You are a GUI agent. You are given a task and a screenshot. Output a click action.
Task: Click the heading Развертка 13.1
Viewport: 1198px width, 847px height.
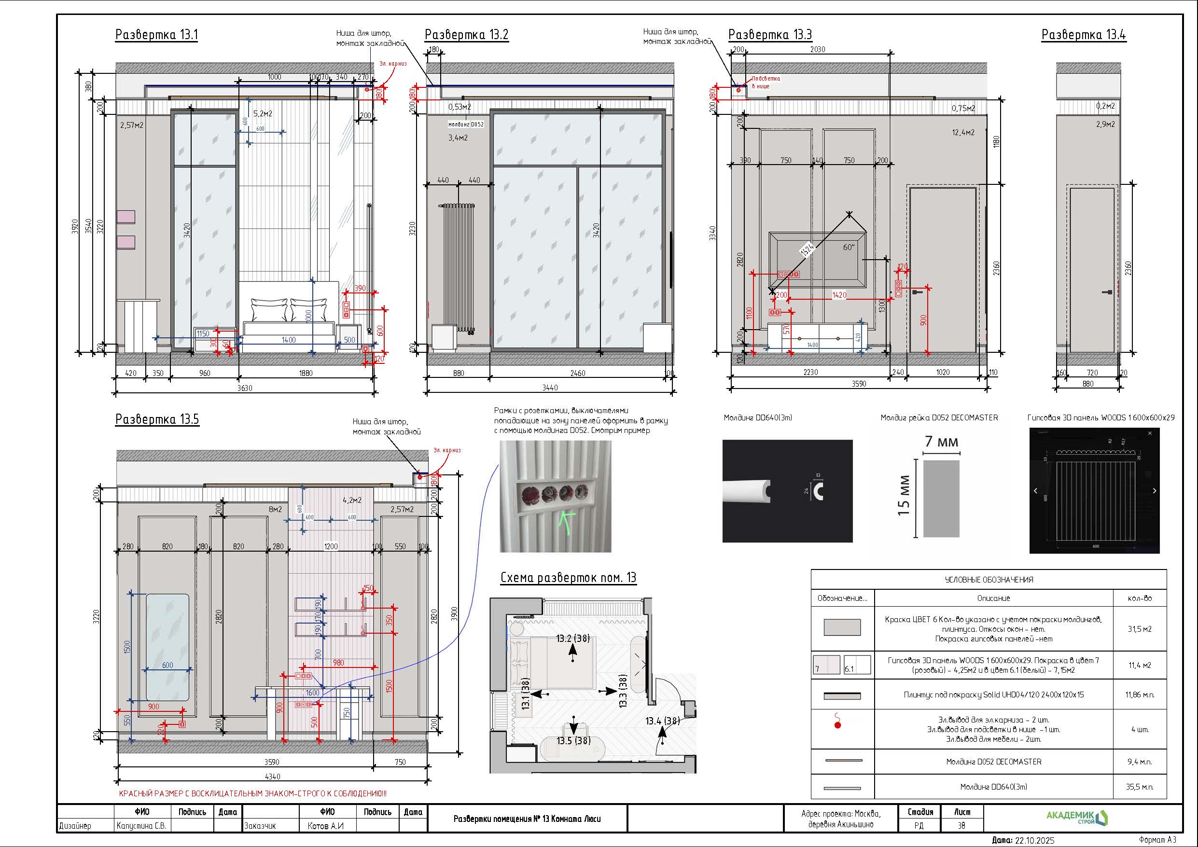coord(156,35)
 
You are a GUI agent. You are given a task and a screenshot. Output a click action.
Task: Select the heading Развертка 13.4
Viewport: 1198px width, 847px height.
coord(1083,35)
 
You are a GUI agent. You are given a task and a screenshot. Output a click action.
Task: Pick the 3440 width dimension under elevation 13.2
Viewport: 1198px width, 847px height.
coord(550,388)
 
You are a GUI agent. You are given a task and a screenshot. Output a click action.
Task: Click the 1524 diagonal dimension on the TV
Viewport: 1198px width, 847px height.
coord(807,250)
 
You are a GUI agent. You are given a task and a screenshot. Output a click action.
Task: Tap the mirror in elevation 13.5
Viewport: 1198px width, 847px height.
coord(167,647)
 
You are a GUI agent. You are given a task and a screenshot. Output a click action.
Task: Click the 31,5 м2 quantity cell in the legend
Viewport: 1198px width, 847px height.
coord(1140,629)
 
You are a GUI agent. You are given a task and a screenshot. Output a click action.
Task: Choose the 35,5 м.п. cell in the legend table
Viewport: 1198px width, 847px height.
coord(1140,787)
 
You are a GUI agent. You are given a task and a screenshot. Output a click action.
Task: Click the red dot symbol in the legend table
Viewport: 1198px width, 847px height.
coord(838,725)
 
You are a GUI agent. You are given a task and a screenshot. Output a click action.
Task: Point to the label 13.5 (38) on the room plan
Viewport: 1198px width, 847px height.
coord(573,740)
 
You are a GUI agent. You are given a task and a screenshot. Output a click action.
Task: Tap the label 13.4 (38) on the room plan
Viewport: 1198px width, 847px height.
coord(662,721)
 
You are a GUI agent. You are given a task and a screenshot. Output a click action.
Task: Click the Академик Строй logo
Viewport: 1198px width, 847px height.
coord(1077,817)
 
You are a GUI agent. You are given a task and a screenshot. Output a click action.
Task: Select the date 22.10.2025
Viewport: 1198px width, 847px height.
coord(1034,840)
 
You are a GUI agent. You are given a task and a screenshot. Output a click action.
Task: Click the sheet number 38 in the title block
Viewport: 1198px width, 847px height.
coord(961,826)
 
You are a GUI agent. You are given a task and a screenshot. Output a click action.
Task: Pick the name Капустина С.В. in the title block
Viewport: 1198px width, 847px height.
coord(141,826)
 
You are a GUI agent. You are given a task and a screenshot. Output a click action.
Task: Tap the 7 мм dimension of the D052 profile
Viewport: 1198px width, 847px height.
coord(941,442)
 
